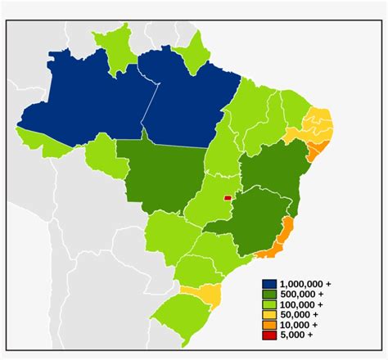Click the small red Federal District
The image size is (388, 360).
[x=228, y=196]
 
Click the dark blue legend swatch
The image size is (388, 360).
[x=268, y=283]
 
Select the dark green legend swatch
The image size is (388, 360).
[x=268, y=294]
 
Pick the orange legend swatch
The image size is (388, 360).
[x=268, y=325]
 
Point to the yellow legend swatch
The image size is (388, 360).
[x=268, y=314]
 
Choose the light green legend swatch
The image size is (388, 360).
[x=268, y=304]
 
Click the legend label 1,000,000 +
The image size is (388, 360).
[x=305, y=283]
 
